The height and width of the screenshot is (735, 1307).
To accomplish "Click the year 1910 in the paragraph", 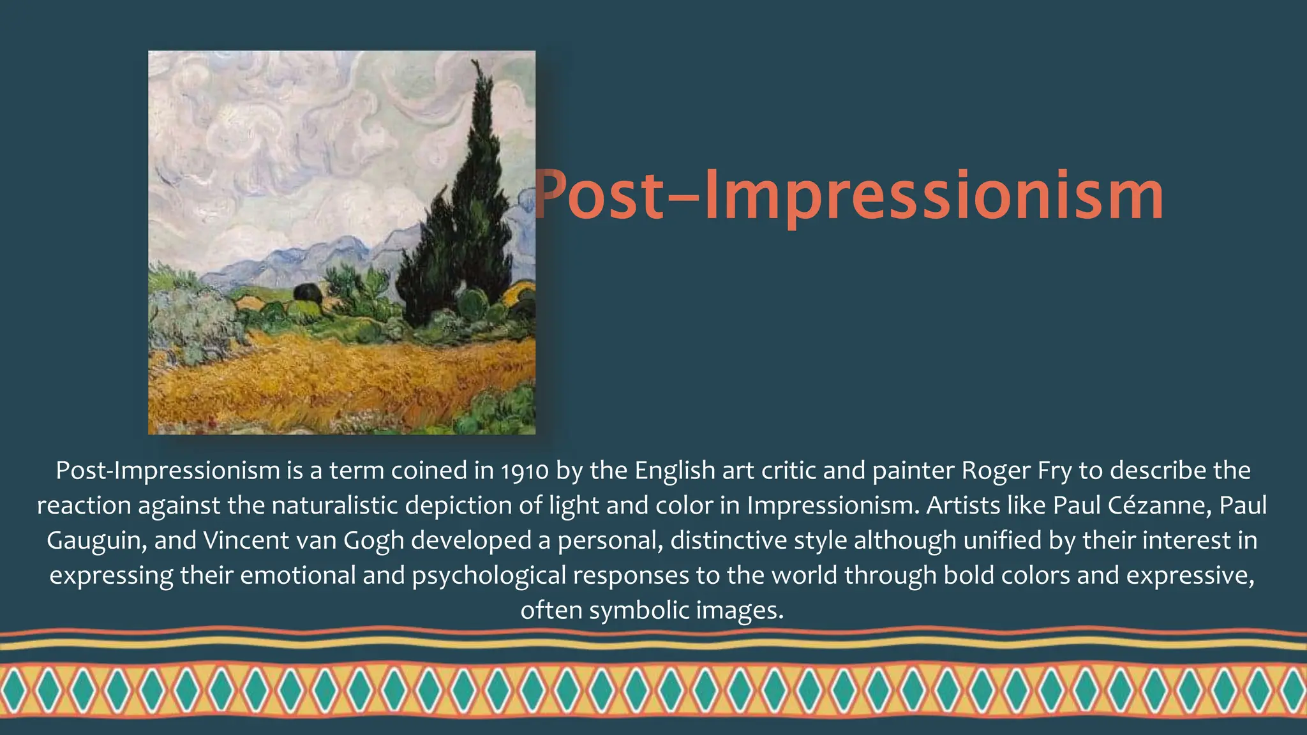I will pos(525,471).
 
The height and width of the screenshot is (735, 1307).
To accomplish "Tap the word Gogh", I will pos(373,541).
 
